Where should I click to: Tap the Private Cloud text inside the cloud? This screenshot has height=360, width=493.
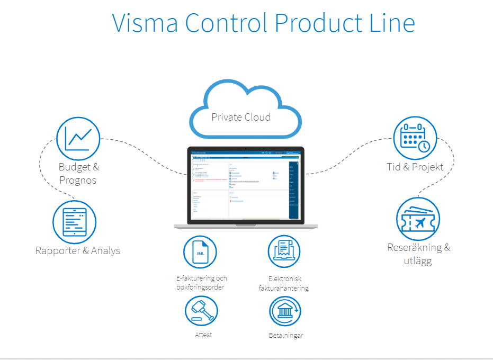241,117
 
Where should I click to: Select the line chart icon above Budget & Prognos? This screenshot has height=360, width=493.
78,138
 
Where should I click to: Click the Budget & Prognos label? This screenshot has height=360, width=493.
78,173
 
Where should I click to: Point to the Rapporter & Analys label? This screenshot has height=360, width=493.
78,250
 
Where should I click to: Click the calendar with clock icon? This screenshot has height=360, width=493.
415,138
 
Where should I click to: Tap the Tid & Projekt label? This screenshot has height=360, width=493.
415,167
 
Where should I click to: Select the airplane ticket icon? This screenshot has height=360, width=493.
418,219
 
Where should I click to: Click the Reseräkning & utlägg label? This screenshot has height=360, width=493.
419,254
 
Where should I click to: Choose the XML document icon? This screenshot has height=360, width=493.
200,253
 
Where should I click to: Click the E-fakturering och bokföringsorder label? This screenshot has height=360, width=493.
201,283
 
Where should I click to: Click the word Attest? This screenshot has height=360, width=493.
203,335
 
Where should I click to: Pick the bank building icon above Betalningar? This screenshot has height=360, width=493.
285,311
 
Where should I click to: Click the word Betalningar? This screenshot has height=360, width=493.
285,335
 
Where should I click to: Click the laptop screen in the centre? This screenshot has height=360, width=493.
245,185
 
